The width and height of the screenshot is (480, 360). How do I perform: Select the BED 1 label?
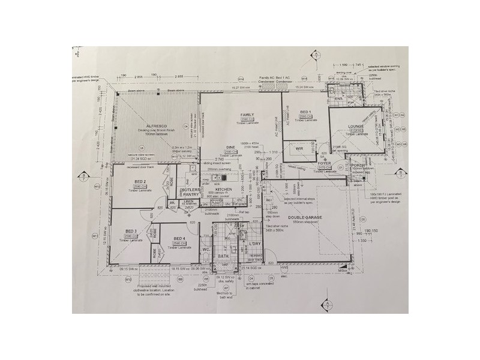(305, 112)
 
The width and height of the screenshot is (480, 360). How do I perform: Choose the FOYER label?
(325, 163)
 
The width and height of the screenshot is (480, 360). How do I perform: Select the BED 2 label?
(139, 181)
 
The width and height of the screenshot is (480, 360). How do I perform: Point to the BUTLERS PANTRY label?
(190, 192)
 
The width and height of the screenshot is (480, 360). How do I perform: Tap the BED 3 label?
(131, 231)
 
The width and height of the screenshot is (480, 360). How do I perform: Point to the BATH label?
(224, 256)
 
